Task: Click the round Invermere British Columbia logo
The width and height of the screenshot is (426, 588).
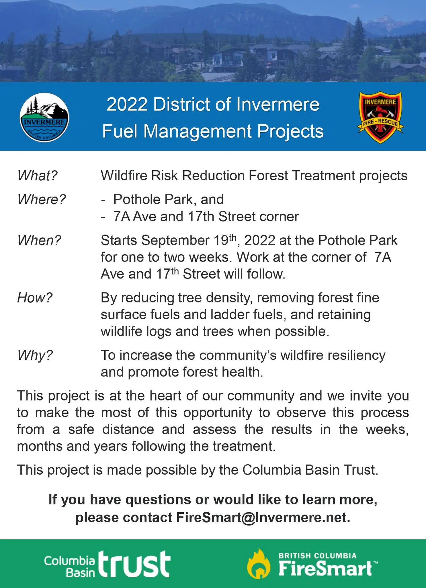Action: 44,117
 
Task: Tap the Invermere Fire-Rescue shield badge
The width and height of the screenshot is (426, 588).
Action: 380,117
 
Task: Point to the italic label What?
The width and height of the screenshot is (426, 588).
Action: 37,175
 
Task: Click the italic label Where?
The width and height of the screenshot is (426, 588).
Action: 42,199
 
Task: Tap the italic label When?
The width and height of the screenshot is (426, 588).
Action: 39,240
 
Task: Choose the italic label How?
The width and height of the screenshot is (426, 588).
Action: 35,298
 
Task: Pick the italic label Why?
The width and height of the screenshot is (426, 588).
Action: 35,355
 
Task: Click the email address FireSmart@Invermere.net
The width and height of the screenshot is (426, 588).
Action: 263,517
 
